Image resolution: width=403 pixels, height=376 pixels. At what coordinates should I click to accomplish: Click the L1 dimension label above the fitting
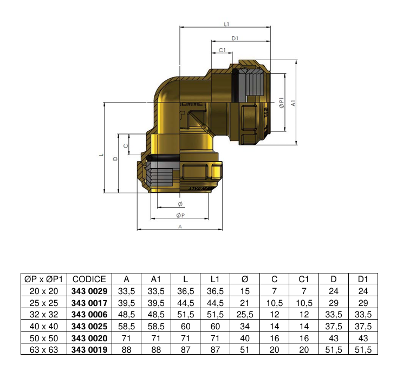[227, 24]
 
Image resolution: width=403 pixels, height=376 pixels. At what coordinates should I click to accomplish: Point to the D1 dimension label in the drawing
[235, 38]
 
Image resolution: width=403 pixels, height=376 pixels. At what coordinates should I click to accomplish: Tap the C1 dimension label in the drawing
[222, 50]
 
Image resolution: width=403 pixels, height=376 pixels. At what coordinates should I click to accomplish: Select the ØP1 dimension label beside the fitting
[281, 104]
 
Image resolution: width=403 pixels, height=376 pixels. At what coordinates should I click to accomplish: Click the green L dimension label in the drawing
[101, 154]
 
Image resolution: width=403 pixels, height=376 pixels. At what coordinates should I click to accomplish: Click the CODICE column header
[89, 279]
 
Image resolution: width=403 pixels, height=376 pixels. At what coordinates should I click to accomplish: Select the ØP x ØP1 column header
[43, 279]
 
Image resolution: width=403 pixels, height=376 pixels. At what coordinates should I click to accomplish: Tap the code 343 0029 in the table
[89, 291]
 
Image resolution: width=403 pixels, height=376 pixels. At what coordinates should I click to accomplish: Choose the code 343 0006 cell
[89, 315]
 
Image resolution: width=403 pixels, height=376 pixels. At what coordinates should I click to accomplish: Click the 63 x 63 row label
[43, 350]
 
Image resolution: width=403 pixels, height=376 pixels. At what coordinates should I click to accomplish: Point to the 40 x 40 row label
[43, 327]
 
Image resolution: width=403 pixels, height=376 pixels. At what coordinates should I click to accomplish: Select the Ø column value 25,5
[244, 315]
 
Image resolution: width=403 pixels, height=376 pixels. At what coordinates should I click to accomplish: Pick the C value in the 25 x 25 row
[274, 303]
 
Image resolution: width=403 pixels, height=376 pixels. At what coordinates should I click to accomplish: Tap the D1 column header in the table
[363, 279]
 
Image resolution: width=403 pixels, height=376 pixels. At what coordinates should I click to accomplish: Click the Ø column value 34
[244, 327]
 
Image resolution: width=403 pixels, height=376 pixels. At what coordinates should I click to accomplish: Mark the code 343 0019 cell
[89, 350]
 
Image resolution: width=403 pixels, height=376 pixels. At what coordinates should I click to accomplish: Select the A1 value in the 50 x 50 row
[156, 338]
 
